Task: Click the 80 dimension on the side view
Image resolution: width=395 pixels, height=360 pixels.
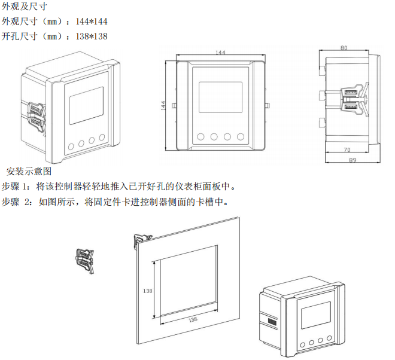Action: click(x=344, y=48)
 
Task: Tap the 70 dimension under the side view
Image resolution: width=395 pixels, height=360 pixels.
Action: click(x=347, y=150)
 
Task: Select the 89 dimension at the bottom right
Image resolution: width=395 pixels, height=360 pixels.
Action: click(x=353, y=160)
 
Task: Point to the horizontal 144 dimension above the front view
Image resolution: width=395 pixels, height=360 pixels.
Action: click(x=220, y=53)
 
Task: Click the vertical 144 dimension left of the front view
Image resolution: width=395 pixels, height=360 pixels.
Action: click(x=163, y=105)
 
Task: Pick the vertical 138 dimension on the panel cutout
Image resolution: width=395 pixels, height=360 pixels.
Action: click(x=148, y=291)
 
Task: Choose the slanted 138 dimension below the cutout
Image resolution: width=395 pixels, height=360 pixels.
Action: click(x=193, y=320)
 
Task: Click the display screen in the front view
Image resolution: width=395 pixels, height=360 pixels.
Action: click(x=220, y=97)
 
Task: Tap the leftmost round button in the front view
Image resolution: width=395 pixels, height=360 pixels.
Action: click(x=200, y=137)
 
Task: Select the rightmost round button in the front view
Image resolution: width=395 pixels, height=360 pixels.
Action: click(x=241, y=137)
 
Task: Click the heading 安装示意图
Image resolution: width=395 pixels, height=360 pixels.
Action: click(x=29, y=172)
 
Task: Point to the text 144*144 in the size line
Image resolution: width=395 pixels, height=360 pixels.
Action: click(x=92, y=22)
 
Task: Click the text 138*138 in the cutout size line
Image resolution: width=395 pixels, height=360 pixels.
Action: click(x=92, y=36)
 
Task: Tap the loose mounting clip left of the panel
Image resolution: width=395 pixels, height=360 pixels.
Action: click(x=85, y=261)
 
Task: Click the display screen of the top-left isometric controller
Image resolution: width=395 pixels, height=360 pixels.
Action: click(x=86, y=106)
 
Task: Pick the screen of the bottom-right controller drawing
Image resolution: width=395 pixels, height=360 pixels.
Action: click(x=316, y=315)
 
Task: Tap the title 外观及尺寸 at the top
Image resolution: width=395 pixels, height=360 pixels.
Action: click(x=24, y=7)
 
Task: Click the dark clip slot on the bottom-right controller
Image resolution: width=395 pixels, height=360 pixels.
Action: click(x=272, y=322)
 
